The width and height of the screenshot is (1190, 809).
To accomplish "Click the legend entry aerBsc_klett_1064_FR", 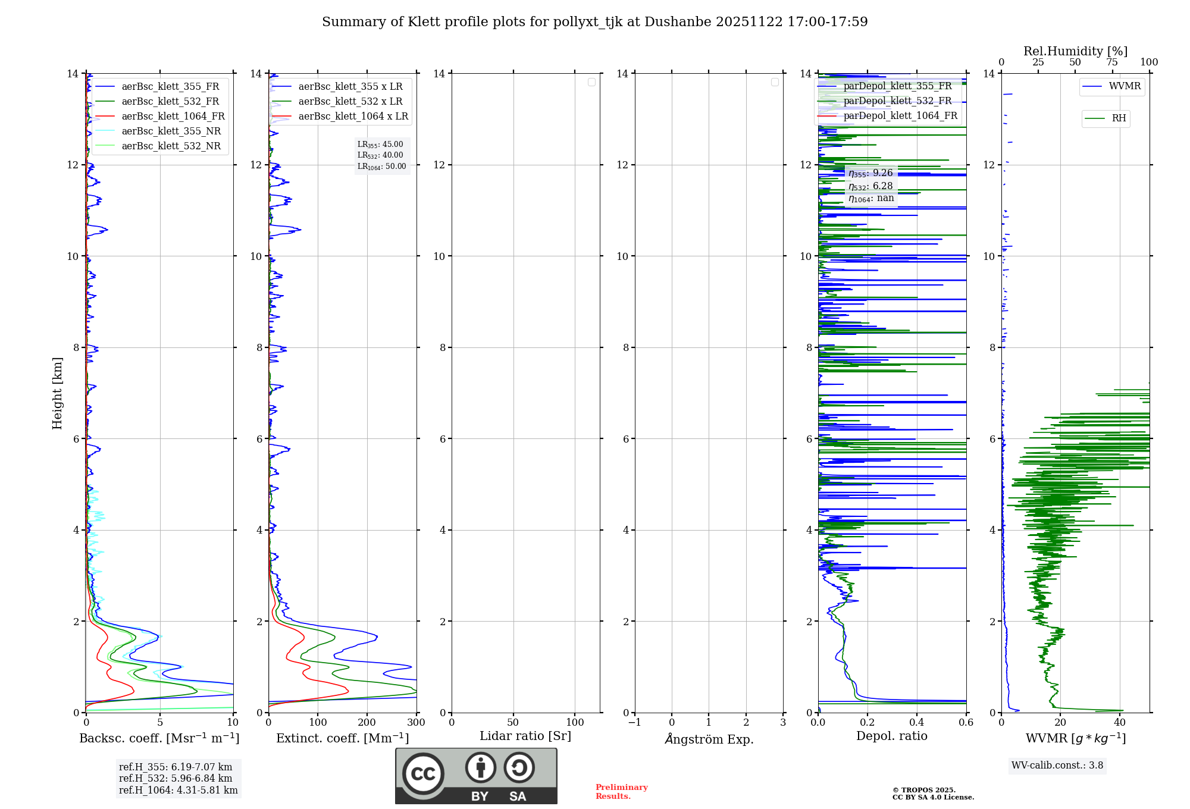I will (x=173, y=117).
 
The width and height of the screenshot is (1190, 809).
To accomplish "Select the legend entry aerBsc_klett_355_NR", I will (x=171, y=131).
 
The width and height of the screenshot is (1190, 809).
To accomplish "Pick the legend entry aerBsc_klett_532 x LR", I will (x=350, y=102).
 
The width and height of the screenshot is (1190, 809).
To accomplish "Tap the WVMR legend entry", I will (x=1125, y=86).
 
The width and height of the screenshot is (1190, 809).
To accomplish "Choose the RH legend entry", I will (x=1119, y=118).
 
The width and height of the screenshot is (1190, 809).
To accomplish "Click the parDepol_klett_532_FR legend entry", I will (x=897, y=101).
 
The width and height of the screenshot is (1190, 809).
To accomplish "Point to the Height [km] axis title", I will (x=57, y=393).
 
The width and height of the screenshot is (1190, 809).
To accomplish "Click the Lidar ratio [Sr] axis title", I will (x=525, y=736).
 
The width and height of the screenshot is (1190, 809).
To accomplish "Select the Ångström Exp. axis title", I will (x=709, y=739).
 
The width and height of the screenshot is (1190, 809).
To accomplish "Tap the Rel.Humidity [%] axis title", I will (x=1075, y=51).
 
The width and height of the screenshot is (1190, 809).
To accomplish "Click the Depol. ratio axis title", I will (x=891, y=736).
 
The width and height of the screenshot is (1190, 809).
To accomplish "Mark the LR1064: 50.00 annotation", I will (x=382, y=167).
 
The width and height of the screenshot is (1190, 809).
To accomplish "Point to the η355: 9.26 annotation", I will (x=870, y=173).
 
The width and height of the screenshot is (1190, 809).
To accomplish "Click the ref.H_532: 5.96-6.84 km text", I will (x=176, y=779).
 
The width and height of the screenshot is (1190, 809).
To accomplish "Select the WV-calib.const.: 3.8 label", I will (x=1057, y=766).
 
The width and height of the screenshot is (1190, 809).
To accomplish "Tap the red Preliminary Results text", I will (x=621, y=792).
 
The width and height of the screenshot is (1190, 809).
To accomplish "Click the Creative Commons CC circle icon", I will (x=423, y=774).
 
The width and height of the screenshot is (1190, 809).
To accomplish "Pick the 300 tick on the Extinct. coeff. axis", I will (x=416, y=723).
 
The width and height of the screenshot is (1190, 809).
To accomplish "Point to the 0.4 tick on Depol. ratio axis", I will (x=917, y=723).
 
